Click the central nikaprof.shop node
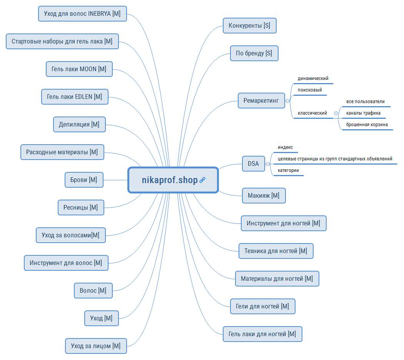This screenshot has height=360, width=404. point(173,180)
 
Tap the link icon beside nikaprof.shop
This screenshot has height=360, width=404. point(202,180)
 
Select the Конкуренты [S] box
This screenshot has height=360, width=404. point(249,25)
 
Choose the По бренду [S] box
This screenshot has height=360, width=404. point(254,53)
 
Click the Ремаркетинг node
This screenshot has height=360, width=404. point(261,101)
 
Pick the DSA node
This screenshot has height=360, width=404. point(253,163)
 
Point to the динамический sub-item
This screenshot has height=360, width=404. point(313,78)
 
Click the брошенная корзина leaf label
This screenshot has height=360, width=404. point(367,125)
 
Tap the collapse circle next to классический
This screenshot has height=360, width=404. point(336,113)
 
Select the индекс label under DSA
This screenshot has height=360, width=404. point(285,147)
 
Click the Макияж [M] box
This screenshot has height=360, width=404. point(264,195)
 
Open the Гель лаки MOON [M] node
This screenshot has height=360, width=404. point(79,69)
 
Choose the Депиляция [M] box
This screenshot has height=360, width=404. point(79,124)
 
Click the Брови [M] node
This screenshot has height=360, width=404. point(84,180)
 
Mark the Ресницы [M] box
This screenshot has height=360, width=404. point(81,208)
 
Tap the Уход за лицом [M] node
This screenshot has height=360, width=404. point(96,346)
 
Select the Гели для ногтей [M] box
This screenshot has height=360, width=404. point(262,307)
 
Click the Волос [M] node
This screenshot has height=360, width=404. point(93,291)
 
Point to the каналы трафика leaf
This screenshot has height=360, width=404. point(363,113)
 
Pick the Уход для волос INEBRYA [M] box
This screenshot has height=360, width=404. point(82,13)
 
